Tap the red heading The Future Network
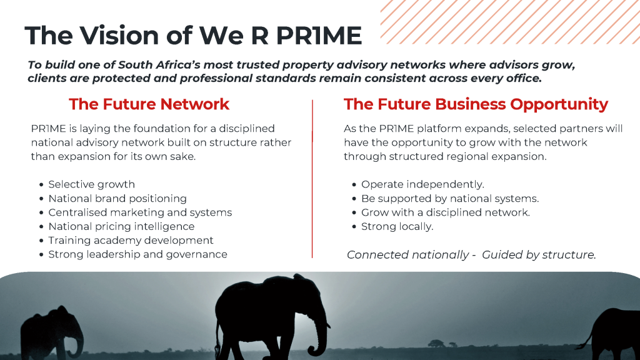[x=149, y=104]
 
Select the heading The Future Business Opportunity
[x=476, y=104]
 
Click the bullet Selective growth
[x=91, y=184]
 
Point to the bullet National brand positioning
[x=117, y=199]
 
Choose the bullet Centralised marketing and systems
[x=140, y=212]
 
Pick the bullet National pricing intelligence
[x=121, y=226]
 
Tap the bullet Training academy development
[x=131, y=241]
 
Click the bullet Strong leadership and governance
[x=137, y=254]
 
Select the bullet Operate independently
[x=422, y=184]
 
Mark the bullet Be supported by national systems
[x=450, y=199]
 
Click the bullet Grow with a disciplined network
[x=445, y=212]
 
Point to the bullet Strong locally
[x=397, y=226]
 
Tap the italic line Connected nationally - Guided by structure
[x=471, y=255]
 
